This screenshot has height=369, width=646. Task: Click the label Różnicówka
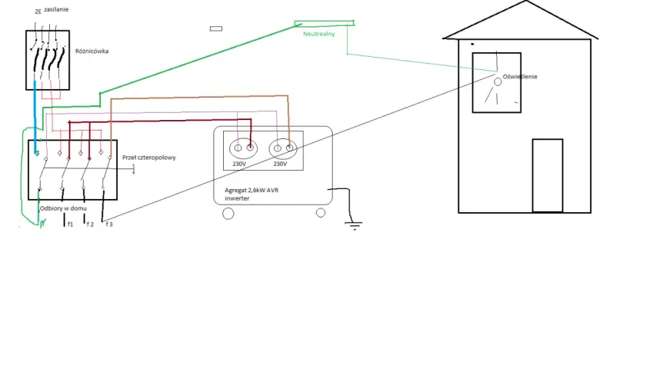tap(92, 51)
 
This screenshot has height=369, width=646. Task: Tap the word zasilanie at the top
tap(56, 9)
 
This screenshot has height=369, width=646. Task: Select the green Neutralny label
tap(319, 34)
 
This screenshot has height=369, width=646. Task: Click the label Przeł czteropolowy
tap(148, 158)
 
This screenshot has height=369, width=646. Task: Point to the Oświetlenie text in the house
tap(520, 77)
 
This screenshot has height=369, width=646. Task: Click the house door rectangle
tap(548, 175)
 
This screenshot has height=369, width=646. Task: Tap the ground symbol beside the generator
tap(354, 225)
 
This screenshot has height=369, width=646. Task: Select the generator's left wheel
tap(228, 214)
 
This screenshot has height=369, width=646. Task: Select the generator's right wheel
tap(321, 212)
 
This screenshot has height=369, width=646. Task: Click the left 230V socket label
tap(239, 164)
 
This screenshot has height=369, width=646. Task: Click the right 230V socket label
tap(280, 164)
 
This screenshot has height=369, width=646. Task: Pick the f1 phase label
tap(70, 224)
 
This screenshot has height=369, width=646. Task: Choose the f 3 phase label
tap(109, 224)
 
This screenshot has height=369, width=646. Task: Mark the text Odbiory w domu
tap(63, 208)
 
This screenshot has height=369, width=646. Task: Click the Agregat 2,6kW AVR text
tap(251, 191)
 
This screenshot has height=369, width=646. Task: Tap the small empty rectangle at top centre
tap(216, 28)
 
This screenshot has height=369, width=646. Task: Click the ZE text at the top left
tap(38, 12)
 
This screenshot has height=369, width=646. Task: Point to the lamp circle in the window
tap(498, 82)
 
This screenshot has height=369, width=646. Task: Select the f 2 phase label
tap(90, 224)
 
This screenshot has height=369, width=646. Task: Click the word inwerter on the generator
tap(237, 198)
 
